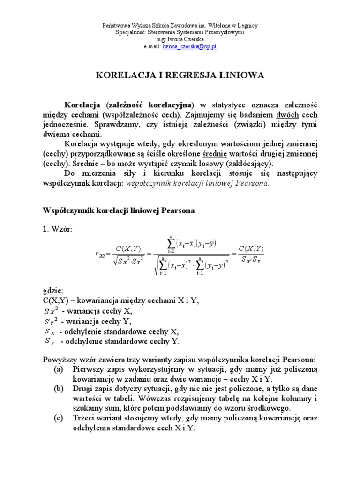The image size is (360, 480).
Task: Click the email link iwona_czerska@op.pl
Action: pos(189,47)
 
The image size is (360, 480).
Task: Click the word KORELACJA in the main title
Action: pos(122,75)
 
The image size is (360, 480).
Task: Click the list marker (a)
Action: pos(59,369)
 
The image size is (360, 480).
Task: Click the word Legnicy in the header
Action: pos(245,26)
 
